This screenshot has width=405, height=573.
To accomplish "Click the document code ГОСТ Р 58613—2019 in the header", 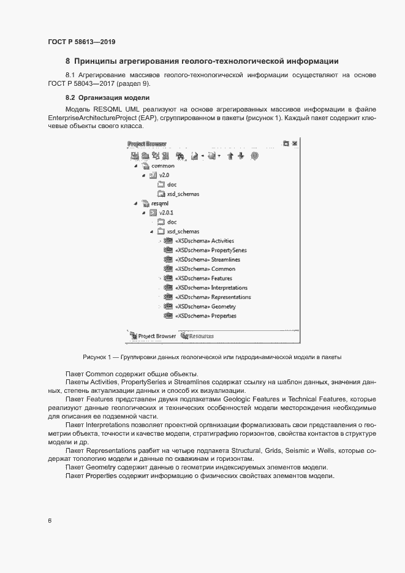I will tap(81, 42).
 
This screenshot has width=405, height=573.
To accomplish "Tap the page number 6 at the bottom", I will tap(50, 521).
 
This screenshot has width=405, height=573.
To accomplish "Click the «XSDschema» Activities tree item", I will tap(204, 241).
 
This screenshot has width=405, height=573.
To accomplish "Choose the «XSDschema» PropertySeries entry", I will tap(210, 250).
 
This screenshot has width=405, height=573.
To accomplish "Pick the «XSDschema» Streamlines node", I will tap(205, 260).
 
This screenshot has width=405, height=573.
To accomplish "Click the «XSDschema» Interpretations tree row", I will tap(211, 288).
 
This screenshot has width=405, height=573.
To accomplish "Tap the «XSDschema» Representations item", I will tap(212, 297).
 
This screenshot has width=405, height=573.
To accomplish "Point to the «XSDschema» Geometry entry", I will tap(205, 306).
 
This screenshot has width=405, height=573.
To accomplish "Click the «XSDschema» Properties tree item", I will tap(205, 316).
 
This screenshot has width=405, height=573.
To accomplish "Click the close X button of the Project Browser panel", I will tap(295, 143).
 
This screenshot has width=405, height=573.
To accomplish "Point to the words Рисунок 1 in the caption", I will tap(96, 357).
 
